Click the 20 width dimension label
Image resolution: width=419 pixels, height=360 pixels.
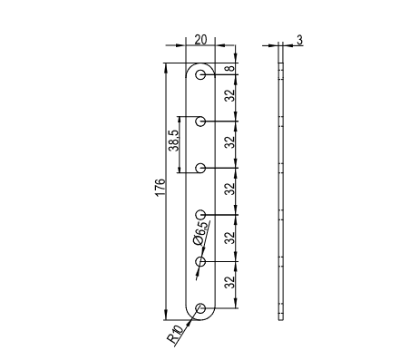[x=200, y=40]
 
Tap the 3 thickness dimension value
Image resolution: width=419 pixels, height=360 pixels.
[x=299, y=40]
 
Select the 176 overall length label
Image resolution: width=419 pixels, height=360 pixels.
[x=161, y=187]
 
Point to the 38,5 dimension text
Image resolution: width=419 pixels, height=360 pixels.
[x=174, y=141]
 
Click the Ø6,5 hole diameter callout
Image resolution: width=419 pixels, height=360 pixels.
[x=201, y=233]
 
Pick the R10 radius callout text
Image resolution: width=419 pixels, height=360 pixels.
[x=175, y=335]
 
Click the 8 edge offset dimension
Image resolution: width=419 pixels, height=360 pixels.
[x=230, y=69]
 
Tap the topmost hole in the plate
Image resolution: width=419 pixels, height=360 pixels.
[x=200, y=74]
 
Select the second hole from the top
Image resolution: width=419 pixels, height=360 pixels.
[x=200, y=122]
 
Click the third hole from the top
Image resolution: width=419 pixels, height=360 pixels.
[x=200, y=168]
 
